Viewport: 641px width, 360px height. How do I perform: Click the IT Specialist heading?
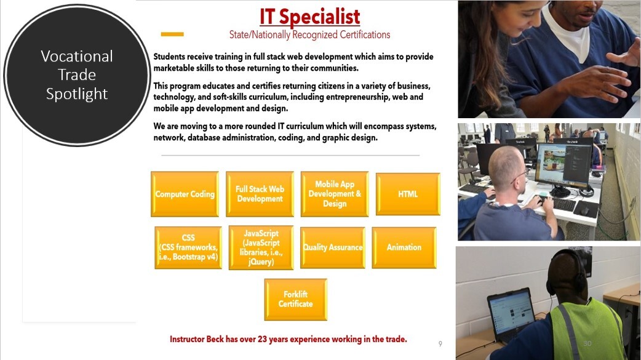310,17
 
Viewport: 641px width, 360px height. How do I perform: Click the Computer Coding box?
185,194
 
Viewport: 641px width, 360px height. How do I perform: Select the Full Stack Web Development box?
260,194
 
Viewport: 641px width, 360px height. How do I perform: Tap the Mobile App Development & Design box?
335,194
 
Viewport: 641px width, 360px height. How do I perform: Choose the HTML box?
408,194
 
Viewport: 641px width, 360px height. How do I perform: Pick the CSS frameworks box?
188,247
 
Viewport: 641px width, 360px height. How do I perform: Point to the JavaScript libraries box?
261,247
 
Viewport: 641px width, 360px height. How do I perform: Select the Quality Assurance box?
333,247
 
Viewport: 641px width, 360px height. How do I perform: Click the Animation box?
404,247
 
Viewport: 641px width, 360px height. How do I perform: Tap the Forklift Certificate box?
295,300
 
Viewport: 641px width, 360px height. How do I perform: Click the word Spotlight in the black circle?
77,94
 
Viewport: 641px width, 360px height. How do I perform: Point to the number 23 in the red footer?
262,339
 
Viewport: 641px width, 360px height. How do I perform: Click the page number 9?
440,343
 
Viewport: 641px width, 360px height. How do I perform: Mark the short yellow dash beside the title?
172,34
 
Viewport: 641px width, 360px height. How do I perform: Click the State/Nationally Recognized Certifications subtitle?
310,35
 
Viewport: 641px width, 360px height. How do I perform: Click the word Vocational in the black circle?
77,56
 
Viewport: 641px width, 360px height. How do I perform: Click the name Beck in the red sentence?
215,339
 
